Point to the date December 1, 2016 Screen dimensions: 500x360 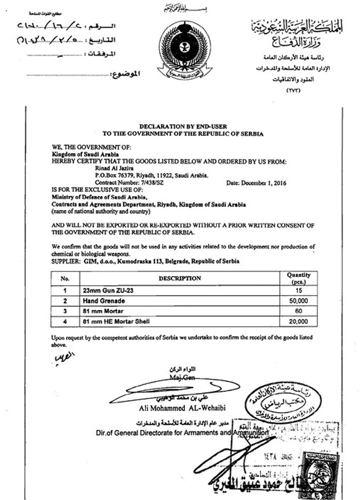click(x=257, y=181)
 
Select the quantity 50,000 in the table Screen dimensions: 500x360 click(x=298, y=301)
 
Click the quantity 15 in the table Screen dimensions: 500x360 click(x=298, y=290)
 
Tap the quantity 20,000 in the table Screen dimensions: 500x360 click(x=298, y=322)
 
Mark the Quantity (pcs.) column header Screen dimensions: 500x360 click(x=298, y=278)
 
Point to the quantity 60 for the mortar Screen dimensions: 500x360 click(x=298, y=311)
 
